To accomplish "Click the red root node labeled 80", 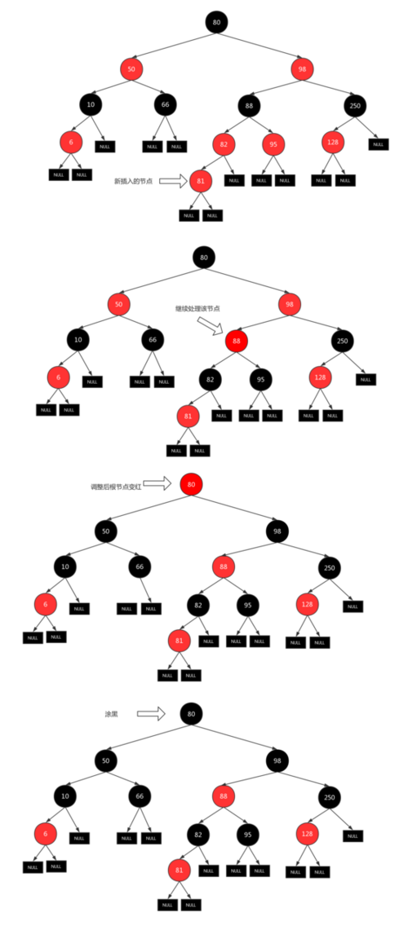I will (190, 484).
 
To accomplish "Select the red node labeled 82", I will (224, 144).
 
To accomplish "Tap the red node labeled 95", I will (273, 144).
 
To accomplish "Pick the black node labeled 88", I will (249, 105).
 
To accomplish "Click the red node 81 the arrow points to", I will (201, 181).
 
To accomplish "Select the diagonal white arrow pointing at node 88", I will (210, 326).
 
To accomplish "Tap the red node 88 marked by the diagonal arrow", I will (236, 341).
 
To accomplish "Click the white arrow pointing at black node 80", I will (151, 714).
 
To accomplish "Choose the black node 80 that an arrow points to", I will (190, 714).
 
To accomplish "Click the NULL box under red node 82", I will (233, 181).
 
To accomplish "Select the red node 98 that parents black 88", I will (302, 68).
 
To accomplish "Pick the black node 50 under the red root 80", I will (105, 531).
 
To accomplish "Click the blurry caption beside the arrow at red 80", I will (116, 486).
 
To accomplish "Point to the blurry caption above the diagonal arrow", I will (197, 309).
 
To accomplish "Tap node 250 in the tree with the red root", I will (329, 567).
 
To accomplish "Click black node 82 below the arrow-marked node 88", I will (211, 378).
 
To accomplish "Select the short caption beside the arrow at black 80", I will (113, 714).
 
